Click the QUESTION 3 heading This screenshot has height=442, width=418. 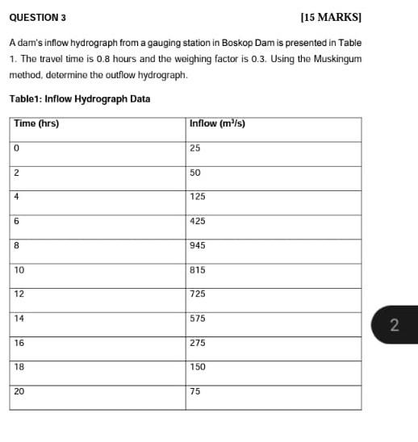tap(38, 15)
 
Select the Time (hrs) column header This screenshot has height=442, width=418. tap(36, 124)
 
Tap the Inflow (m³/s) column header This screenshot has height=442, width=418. tap(217, 124)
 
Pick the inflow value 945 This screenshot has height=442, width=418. tap(199, 246)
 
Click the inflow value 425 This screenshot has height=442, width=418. tap(199, 222)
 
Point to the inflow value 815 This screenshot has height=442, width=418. tap(199, 270)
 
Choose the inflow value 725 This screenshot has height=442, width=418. tap(199, 294)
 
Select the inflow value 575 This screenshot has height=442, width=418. tap(199, 319)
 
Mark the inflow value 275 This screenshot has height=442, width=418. tap(199, 343)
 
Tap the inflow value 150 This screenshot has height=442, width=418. tap(199, 367)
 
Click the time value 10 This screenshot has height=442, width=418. tap(19, 270)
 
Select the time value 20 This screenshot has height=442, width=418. tap(19, 391)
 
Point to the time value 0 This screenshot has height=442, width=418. tap(17, 148)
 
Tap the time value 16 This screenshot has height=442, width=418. tap(19, 343)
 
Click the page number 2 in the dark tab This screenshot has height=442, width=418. tap(394, 325)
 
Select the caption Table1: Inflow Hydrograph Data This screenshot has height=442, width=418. tap(79, 99)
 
